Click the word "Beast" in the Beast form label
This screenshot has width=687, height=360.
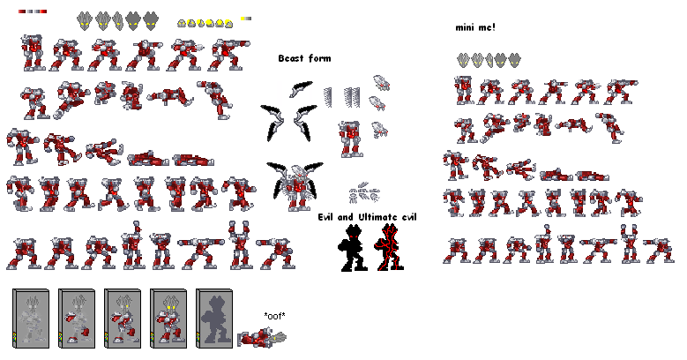pyautogui.click(x=291, y=58)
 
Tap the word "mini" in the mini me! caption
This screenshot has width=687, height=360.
pyautogui.click(x=465, y=27)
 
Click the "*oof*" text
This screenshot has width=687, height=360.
pyautogui.click(x=275, y=316)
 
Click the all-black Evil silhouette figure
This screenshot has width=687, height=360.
pyautogui.click(x=352, y=247)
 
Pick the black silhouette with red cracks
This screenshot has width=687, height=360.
pyautogui.click(x=389, y=247)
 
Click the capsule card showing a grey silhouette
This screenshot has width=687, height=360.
pyautogui.click(x=214, y=319)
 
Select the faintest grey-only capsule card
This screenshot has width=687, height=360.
pyautogui.click(x=31, y=319)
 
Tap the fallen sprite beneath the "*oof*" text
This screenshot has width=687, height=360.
pyautogui.click(x=262, y=338)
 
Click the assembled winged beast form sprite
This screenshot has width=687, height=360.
pyautogui.click(x=295, y=186)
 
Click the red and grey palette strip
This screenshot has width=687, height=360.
pyautogui.click(x=33, y=11)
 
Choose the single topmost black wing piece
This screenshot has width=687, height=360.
pyautogui.click(x=301, y=88)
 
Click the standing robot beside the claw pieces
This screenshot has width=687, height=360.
pyautogui.click(x=350, y=139)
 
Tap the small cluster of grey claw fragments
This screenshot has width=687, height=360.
pyautogui.click(x=364, y=193)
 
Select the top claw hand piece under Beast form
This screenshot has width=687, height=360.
pyautogui.click(x=381, y=83)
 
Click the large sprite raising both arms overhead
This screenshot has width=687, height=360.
pyautogui.click(x=239, y=244)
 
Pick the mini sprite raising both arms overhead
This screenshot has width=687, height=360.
pyautogui.click(x=629, y=244)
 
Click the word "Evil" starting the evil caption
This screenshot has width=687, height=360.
pyautogui.click(x=327, y=217)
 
